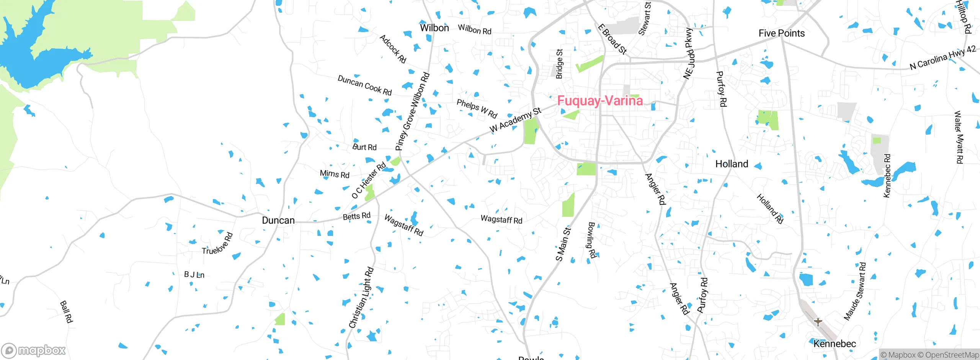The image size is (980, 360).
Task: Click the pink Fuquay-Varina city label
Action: click(600, 101)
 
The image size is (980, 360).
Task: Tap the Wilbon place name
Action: click(434, 28)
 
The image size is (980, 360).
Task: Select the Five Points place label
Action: click(781, 33)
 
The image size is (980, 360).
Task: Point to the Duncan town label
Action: click(278, 221)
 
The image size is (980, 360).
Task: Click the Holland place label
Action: click(732, 164)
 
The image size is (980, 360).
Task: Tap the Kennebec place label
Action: click(835, 344)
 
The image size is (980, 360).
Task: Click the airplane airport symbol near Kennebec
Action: click(818, 322)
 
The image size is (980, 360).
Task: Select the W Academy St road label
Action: click(516, 120)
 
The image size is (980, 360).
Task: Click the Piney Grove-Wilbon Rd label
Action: click(412, 111)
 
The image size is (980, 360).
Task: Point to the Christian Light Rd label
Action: click(361, 298)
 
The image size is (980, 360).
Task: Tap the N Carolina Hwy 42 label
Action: click(942, 58)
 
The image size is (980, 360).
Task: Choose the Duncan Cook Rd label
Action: click(364, 85)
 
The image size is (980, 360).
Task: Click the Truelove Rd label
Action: click(217, 244)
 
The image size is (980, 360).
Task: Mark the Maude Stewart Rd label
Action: click(855, 291)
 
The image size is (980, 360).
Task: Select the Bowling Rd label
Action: click(592, 240)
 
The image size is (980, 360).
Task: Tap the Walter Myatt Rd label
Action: click(958, 137)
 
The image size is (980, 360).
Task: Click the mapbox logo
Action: click(34, 350)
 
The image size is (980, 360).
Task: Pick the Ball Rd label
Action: click(66, 311)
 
